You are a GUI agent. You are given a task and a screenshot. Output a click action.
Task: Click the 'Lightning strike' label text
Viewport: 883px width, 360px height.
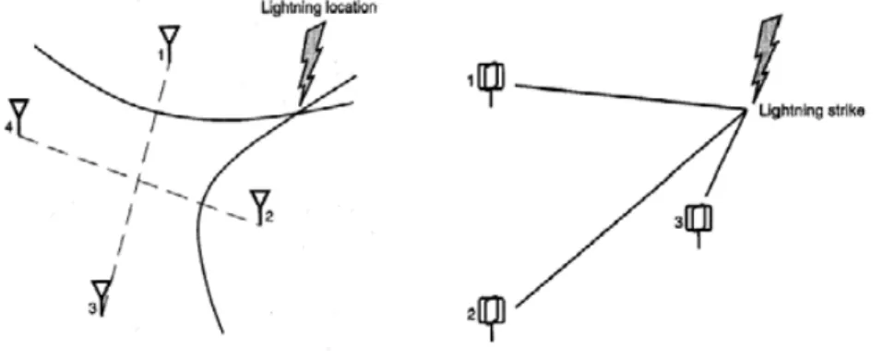(812, 111)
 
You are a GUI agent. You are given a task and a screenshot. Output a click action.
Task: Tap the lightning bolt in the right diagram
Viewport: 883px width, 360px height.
(766, 59)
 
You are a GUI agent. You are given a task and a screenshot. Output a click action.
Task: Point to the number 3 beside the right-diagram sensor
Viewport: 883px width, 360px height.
(679, 222)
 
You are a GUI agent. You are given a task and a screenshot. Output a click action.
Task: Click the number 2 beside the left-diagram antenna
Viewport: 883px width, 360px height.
(269, 216)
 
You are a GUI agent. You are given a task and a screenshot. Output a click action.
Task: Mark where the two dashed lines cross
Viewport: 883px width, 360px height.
(137, 178)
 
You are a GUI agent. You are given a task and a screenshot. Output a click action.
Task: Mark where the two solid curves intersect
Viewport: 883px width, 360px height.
(293, 114)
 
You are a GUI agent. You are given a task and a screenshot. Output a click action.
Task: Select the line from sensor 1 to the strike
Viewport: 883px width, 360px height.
(630, 97)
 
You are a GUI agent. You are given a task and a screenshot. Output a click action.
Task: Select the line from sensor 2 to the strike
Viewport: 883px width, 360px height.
(630, 209)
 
